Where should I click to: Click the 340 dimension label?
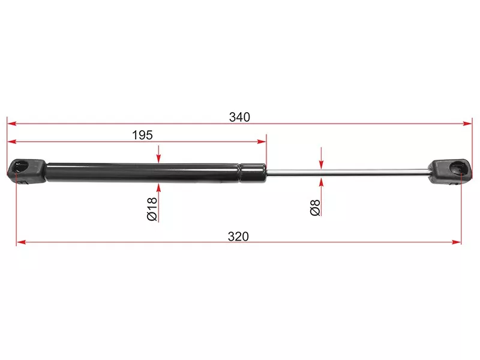click(239, 117)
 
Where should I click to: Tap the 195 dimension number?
click(142, 135)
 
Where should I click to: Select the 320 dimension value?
click(238, 236)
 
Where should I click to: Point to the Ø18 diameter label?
click(152, 209)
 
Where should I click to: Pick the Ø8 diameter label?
click(315, 208)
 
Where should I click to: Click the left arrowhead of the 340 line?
click(11, 124)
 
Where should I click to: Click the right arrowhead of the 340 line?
click(468, 124)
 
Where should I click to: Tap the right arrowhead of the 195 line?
click(262, 142)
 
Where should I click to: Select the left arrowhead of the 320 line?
click(21, 242)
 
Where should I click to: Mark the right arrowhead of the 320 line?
click(457, 242)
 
